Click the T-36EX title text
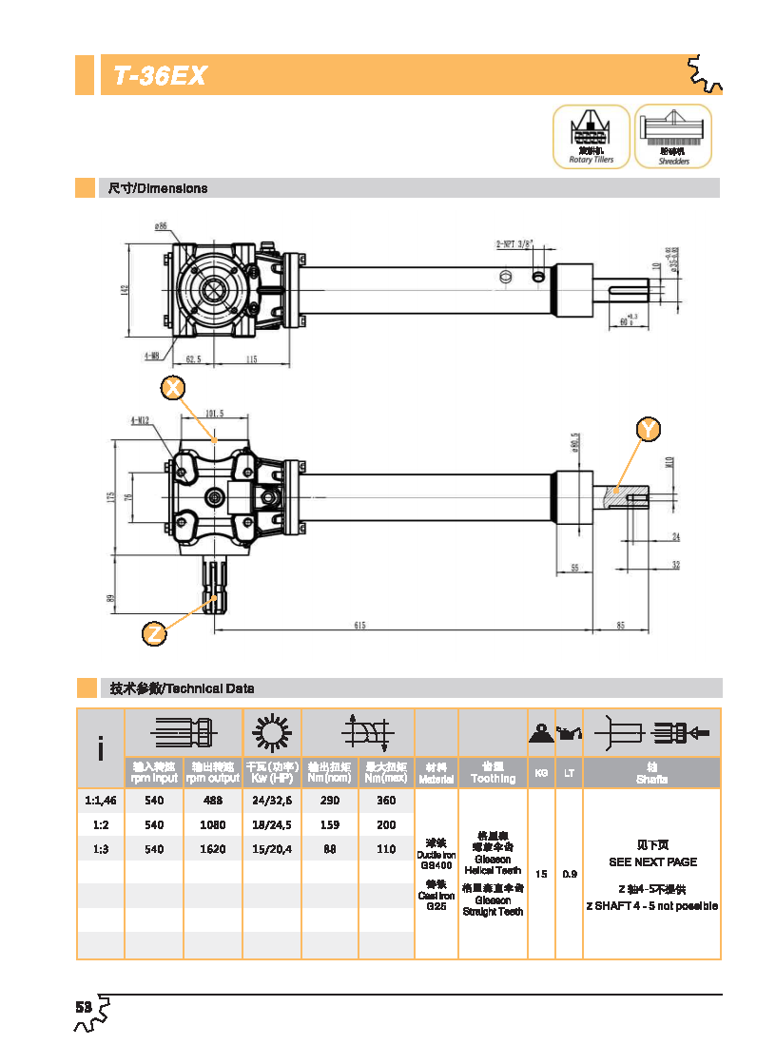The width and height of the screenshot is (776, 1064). (x=160, y=76)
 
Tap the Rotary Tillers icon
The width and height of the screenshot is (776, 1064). (x=591, y=136)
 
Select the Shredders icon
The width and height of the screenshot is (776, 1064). (x=673, y=136)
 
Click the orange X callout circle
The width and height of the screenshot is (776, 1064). (x=172, y=388)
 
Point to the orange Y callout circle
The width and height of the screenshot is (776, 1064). (x=649, y=430)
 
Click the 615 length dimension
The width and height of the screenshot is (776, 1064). (x=359, y=625)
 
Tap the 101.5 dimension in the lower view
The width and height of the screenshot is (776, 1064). (x=214, y=414)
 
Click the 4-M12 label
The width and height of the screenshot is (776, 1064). (x=140, y=419)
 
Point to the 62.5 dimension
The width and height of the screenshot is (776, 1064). (x=193, y=359)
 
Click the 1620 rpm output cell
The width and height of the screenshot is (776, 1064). (x=212, y=849)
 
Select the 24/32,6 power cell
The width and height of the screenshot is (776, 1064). (x=272, y=801)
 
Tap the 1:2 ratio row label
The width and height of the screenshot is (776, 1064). (x=101, y=825)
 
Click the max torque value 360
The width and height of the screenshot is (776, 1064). (x=386, y=801)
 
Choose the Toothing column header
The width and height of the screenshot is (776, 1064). (x=493, y=779)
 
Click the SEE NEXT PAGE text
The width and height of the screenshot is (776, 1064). (x=652, y=861)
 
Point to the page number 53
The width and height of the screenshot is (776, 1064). (x=84, y=1007)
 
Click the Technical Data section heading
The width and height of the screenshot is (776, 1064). (x=182, y=687)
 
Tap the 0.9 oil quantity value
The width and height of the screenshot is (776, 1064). (x=569, y=874)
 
